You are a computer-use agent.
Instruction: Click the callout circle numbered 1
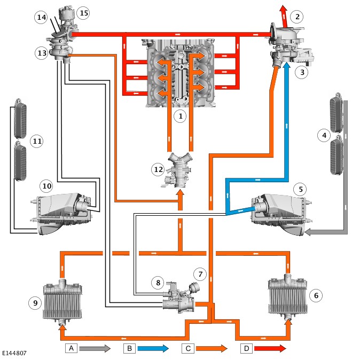pyautogui.click(x=181, y=115)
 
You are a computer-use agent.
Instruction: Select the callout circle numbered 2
pyautogui.click(x=297, y=17)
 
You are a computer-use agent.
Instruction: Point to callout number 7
pyautogui.click(x=200, y=274)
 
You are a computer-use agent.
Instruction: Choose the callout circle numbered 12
pyautogui.click(x=158, y=169)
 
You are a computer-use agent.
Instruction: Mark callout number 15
pyautogui.click(x=82, y=12)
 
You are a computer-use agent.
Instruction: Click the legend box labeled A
pyautogui.click(x=72, y=348)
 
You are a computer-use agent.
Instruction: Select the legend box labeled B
pyautogui.click(x=129, y=348)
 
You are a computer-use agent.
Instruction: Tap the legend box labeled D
pyautogui.click(x=246, y=348)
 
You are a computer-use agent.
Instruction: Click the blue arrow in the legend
pyautogui.click(x=155, y=348)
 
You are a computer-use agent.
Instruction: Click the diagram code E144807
pyautogui.click(x=14, y=353)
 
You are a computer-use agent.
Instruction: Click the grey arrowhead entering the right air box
pyautogui.click(x=309, y=232)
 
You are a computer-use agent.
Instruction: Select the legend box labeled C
pyautogui.click(x=187, y=348)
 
